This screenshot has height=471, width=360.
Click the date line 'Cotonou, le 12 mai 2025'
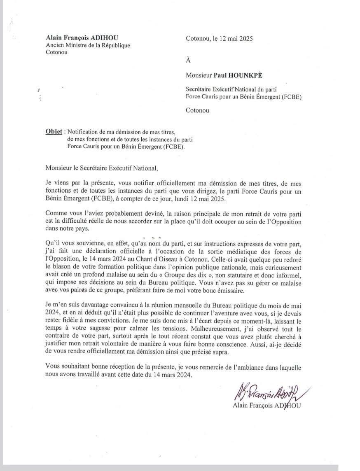tap(219, 39)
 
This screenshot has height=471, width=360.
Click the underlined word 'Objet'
tap(54, 132)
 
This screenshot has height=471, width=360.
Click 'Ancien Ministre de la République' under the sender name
tap(88, 45)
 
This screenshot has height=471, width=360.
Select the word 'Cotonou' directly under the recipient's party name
tap(197, 110)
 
